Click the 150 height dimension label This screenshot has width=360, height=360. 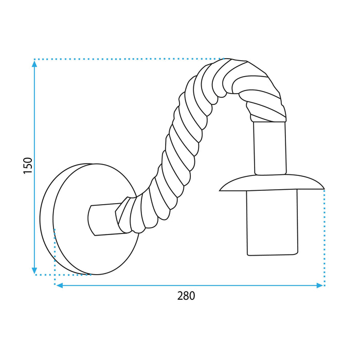[x=28, y=166]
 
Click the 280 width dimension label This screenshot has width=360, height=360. [x=186, y=296]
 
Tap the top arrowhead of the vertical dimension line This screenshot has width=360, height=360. [x=34, y=63]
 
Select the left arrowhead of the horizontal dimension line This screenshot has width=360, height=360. [x=59, y=285]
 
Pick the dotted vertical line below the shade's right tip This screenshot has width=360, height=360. [x=324, y=237]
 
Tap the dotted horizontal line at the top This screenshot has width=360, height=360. [x=129, y=59]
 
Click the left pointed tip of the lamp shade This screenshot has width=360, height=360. [x=221, y=190]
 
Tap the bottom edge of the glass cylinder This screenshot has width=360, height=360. [x=272, y=255]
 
